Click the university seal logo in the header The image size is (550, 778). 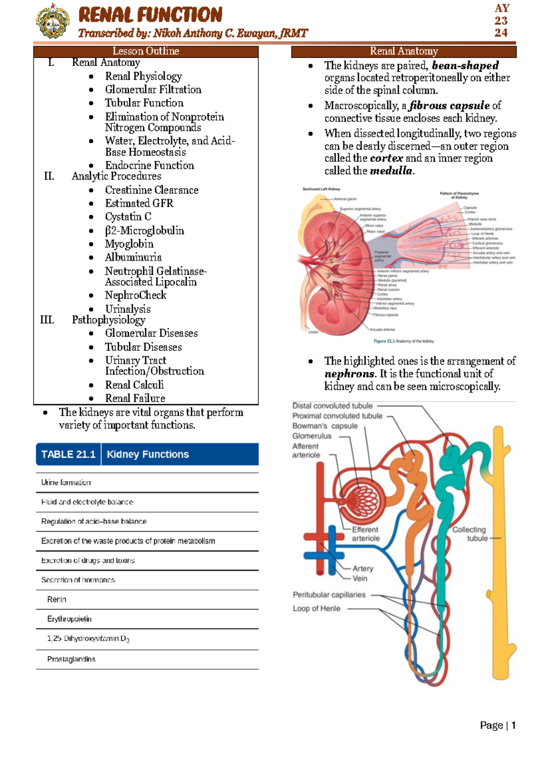53,21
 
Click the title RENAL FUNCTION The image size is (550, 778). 150,15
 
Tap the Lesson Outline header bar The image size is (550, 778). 146,51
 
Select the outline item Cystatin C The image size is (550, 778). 128,217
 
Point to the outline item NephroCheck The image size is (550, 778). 135,295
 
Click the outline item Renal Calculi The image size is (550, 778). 134,385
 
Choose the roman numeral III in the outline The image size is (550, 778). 47,320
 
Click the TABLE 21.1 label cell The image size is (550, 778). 68,454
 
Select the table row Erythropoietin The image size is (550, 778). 69,619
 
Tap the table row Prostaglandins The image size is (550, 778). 71,659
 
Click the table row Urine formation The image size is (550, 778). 66,483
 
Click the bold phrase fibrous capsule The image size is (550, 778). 449,106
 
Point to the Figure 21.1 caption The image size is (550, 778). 403,341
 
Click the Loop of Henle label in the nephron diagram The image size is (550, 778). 316,608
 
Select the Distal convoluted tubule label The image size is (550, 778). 332,406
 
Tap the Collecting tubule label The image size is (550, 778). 469,533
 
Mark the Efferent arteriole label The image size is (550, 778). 365,534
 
